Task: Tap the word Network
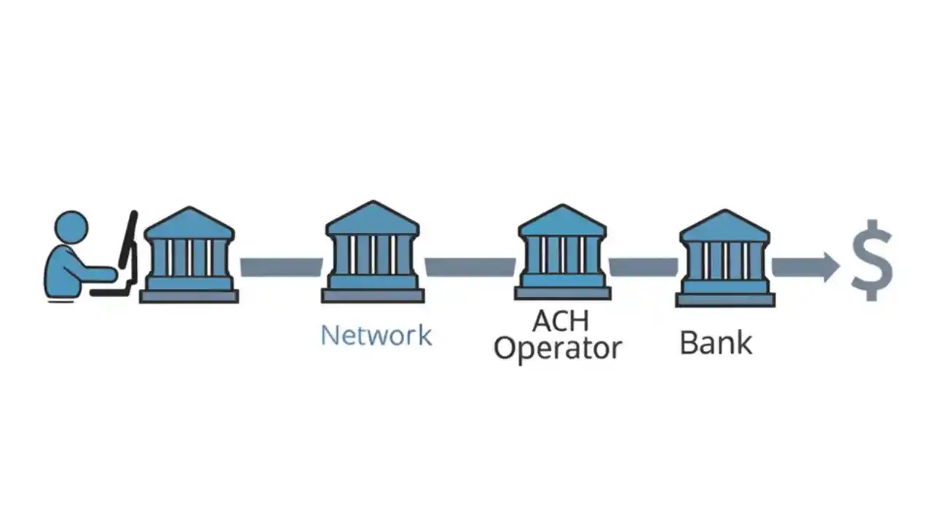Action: tap(376, 336)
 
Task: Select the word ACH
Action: tap(561, 321)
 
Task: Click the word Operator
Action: tap(558, 349)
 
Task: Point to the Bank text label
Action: tap(716, 343)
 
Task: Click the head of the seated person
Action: tap(71, 227)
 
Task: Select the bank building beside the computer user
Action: tap(189, 255)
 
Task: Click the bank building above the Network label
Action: tap(372, 252)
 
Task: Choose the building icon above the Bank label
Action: tap(724, 258)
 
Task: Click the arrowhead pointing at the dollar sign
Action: tap(829, 267)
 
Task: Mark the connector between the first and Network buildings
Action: tap(281, 267)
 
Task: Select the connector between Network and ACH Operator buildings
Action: tap(470, 267)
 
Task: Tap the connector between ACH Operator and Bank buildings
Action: tap(644, 267)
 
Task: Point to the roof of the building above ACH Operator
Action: tap(562, 221)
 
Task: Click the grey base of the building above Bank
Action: tap(724, 299)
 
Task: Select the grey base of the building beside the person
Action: tap(189, 296)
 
